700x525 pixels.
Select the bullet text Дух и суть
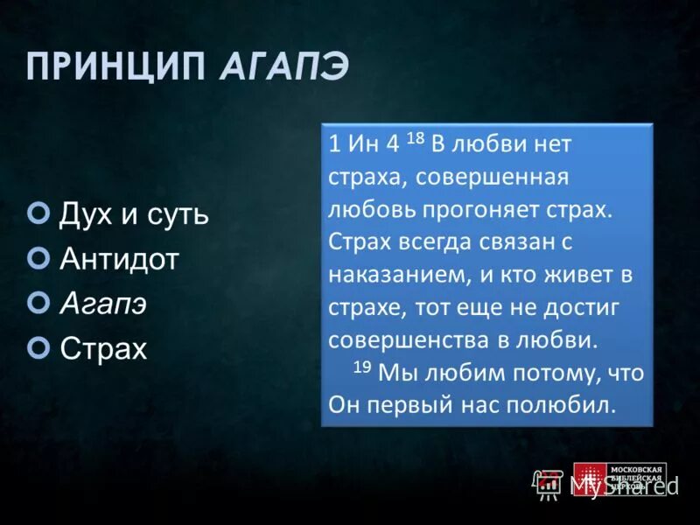[x=134, y=213]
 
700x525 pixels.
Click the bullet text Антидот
[x=119, y=258]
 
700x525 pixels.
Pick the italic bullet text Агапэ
[x=103, y=303]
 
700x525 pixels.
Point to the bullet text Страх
[x=104, y=348]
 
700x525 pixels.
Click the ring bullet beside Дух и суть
[x=38, y=213]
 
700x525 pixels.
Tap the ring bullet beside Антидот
[x=38, y=257]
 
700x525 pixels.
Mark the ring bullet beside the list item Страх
[x=38, y=347]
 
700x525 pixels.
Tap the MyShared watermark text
[x=624, y=484]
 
